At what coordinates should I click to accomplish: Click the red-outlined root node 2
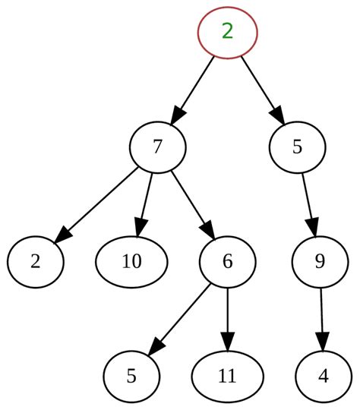(x=227, y=32)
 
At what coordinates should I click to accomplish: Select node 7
(x=157, y=147)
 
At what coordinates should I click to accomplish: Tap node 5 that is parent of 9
(x=297, y=147)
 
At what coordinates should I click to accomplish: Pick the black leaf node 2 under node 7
(x=35, y=262)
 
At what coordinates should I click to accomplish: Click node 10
(x=131, y=262)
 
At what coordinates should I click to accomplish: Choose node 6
(x=227, y=262)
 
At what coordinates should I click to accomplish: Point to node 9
(x=320, y=262)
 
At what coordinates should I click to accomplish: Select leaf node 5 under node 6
(x=131, y=377)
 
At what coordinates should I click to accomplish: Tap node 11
(x=227, y=377)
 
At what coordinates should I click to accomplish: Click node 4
(x=324, y=377)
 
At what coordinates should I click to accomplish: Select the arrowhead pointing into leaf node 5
(x=155, y=347)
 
